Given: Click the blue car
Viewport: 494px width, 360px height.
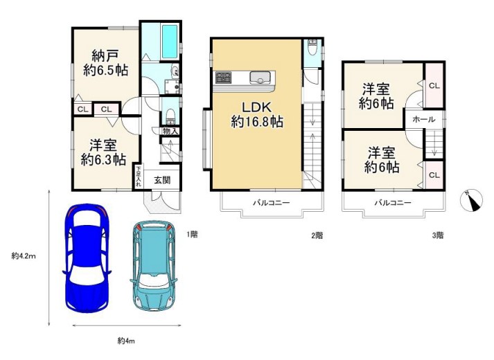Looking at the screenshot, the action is [x=87, y=258].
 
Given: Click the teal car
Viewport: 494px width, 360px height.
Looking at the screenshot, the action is [x=154, y=266].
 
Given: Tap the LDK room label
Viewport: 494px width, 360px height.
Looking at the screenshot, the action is [x=257, y=114].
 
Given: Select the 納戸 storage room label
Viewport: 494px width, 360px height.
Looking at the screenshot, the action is [x=105, y=63].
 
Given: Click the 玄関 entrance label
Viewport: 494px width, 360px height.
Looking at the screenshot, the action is [x=162, y=180].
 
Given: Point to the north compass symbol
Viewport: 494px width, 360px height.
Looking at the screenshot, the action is [x=471, y=201].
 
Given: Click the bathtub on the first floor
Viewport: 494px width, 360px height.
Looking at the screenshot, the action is [x=170, y=41].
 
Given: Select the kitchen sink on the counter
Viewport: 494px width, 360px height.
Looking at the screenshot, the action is [x=260, y=78].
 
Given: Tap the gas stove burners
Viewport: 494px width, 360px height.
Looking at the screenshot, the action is [x=223, y=78].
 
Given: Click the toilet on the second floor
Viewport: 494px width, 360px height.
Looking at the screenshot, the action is [x=312, y=47].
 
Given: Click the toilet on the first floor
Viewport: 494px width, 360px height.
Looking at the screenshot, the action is [x=170, y=116].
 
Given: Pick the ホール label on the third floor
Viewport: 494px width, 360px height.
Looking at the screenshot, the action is [x=423, y=119].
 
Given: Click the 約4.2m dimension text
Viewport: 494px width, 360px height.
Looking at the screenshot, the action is [x=24, y=256].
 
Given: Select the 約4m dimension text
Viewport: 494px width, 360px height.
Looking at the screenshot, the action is [x=126, y=340].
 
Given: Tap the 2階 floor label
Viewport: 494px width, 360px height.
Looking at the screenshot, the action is [x=317, y=235].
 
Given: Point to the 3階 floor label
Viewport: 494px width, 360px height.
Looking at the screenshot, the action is [x=438, y=235].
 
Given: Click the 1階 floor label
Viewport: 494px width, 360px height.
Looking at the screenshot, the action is [x=192, y=235].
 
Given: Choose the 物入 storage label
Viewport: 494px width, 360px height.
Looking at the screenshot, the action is [x=170, y=131].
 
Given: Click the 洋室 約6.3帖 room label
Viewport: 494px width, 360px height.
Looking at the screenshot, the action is [x=103, y=152].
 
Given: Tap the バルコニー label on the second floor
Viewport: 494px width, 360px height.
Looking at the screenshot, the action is [x=272, y=203].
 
